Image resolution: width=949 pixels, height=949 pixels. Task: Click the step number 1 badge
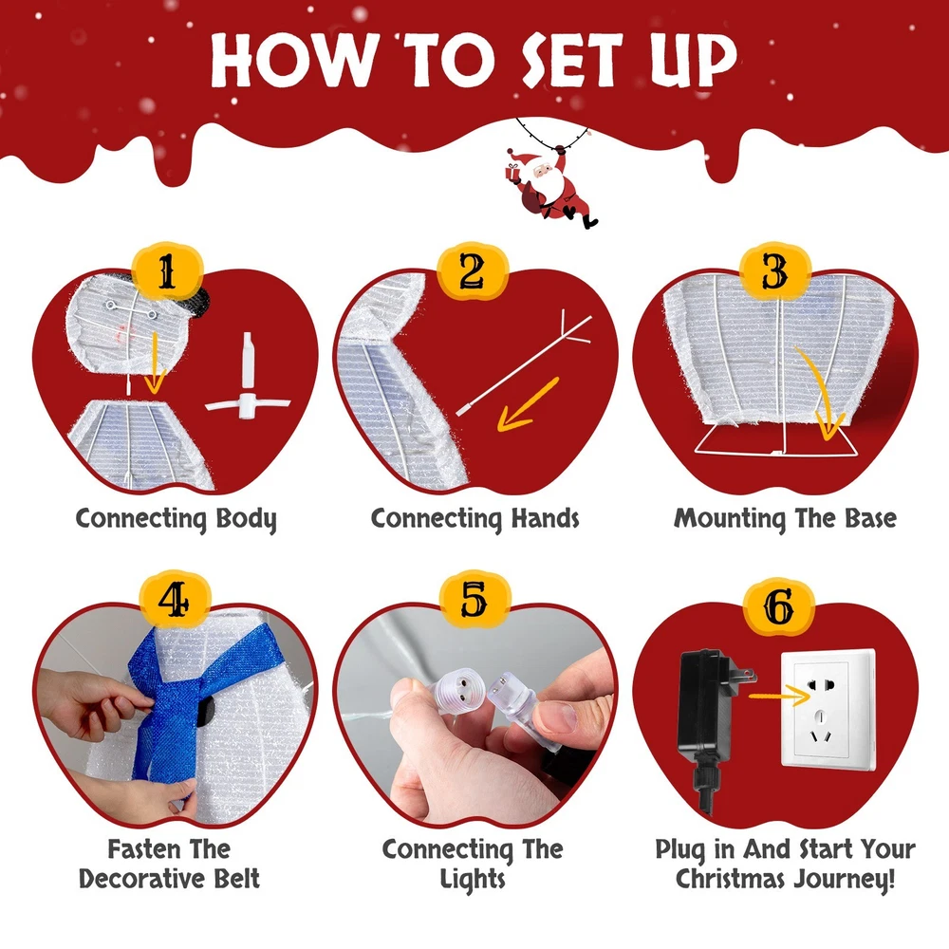tap(167, 272)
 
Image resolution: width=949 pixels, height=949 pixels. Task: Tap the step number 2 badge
tap(472, 271)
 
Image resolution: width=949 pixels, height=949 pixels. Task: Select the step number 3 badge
tap(775, 271)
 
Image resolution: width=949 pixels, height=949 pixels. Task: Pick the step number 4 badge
tap(175, 601)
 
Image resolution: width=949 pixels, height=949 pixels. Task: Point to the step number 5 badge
tap(474, 600)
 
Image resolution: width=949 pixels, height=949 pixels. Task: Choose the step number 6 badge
tap(779, 605)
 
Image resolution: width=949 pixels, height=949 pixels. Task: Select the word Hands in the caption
tap(546, 518)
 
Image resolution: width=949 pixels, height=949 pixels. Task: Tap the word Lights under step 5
tap(473, 880)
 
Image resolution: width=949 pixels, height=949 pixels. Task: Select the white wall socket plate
tap(828, 709)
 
